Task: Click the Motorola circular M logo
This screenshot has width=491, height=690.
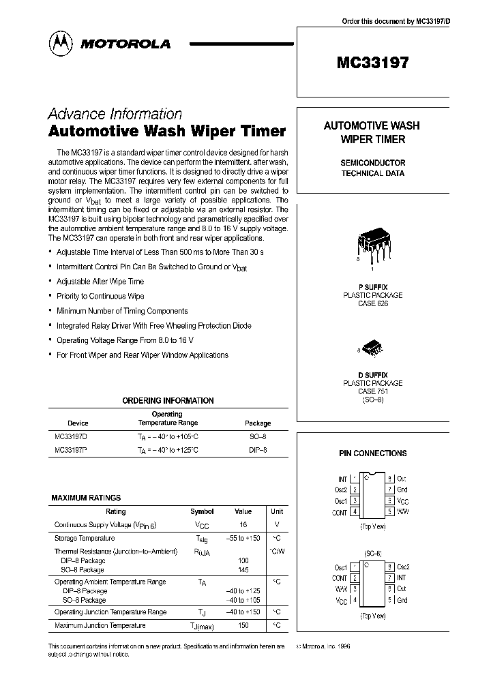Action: point(61,43)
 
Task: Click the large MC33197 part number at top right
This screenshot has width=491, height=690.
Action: point(372,63)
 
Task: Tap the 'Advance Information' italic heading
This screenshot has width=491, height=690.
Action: point(115,114)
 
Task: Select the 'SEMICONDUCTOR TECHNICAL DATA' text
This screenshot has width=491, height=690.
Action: point(372,168)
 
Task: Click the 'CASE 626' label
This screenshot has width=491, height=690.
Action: point(372,304)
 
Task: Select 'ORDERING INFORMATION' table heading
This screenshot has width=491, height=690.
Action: point(168,401)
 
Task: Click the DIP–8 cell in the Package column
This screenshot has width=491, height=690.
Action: point(257,450)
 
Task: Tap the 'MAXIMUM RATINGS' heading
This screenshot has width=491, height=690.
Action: point(86,498)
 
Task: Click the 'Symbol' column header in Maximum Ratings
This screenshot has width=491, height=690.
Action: point(201,511)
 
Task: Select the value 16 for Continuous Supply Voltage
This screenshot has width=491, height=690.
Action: point(243,525)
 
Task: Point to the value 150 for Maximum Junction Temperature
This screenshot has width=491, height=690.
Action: point(243,625)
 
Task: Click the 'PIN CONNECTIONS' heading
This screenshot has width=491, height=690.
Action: point(372,453)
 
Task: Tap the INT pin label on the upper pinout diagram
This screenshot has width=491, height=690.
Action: point(342,479)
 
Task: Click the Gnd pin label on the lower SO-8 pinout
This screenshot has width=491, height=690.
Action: point(402,600)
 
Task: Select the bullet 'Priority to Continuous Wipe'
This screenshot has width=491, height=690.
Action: point(100,296)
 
